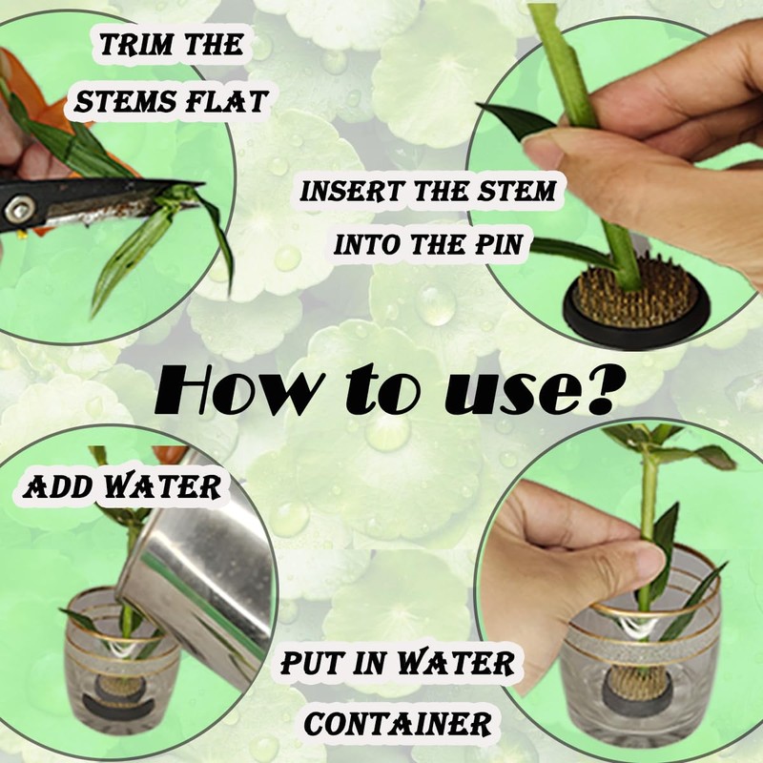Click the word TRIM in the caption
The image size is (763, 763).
point(135,45)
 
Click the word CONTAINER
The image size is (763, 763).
point(398,724)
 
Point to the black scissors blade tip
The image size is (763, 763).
point(200,183)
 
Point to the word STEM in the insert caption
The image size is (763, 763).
point(516,192)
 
